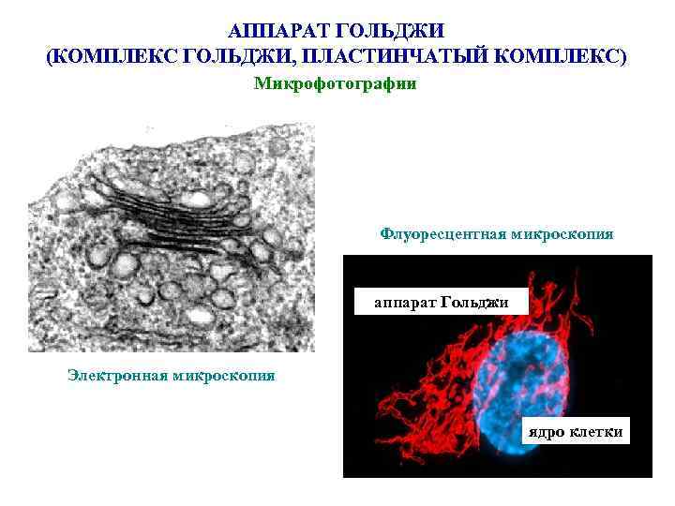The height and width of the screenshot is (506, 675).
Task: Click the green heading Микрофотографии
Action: [x=335, y=83]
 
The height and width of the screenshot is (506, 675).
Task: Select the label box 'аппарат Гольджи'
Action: [x=441, y=302]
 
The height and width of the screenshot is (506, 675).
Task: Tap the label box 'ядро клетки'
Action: [x=574, y=431]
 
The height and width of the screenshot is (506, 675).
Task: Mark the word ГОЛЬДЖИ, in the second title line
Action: [x=232, y=57]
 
